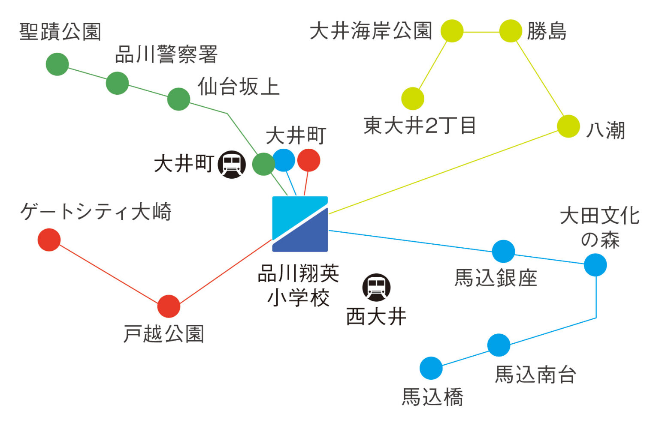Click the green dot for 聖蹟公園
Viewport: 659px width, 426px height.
pos(57,64)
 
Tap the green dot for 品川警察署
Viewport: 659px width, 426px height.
pos(117,83)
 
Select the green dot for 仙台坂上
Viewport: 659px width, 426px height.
pos(178,99)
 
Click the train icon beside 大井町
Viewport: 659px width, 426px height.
pos(232,164)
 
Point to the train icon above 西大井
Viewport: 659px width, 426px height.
pos(376,288)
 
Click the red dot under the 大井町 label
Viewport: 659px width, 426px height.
pos(308,160)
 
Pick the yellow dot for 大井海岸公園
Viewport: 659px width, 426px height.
pos(452,31)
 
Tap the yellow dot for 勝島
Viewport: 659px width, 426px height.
pos(511,31)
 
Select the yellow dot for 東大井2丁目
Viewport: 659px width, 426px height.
pos(413,99)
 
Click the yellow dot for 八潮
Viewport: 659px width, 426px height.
pos(568,126)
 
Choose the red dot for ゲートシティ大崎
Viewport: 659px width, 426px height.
pos(49,240)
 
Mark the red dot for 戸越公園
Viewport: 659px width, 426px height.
pos(169,306)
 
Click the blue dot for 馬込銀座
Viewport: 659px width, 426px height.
pos(503,251)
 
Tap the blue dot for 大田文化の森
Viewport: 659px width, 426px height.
pos(596,265)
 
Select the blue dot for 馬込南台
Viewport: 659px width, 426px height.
pos(499,345)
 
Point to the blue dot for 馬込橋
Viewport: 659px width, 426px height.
pos(431,368)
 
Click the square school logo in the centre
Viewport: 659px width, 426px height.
pos(300,224)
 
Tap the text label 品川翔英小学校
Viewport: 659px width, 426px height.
pos(299,285)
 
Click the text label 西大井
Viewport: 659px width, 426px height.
pos(376,317)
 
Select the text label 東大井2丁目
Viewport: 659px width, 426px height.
pos(420,126)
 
